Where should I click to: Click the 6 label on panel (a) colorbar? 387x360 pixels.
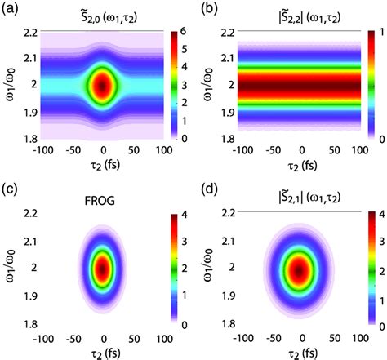point(181,31)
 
